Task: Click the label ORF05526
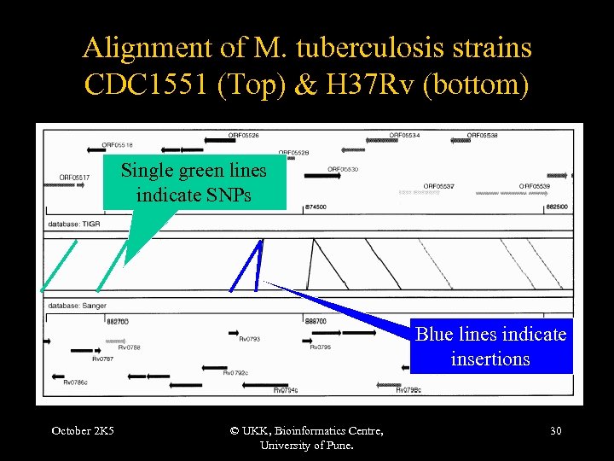click(x=244, y=136)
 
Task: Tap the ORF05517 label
click(x=70, y=178)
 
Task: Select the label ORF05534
click(x=404, y=136)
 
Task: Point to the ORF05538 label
click(x=482, y=136)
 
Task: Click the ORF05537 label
click(x=438, y=186)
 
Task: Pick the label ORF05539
click(x=535, y=186)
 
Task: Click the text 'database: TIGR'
click(x=76, y=223)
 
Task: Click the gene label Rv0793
click(x=249, y=339)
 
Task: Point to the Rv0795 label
click(x=320, y=347)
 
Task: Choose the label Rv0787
click(x=102, y=359)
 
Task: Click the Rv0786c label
click(x=76, y=382)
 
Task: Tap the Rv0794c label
click(x=286, y=390)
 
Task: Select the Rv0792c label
click(x=235, y=372)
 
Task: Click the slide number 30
click(x=555, y=430)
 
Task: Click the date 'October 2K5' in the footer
click(x=82, y=430)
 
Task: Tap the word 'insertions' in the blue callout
click(x=490, y=359)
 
